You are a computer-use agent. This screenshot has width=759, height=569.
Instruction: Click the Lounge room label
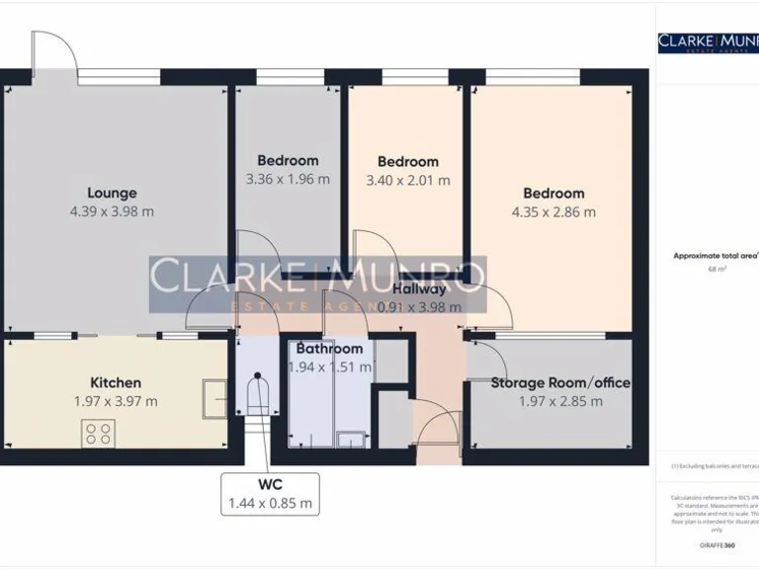point(112,193)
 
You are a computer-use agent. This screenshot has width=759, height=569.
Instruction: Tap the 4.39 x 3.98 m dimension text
point(112,211)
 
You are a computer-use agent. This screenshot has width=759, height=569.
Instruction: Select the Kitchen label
point(116,382)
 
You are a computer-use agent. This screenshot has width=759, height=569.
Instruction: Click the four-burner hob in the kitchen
point(99,432)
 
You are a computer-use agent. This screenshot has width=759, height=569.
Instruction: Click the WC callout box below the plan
point(270,493)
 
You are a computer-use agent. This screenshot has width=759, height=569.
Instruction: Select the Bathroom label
point(329,349)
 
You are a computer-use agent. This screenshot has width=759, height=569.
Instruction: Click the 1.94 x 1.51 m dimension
point(329,366)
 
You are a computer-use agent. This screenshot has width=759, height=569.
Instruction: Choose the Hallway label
point(420,289)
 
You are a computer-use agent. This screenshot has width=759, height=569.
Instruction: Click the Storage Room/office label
point(560,382)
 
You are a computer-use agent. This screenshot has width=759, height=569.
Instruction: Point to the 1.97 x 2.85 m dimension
point(560,401)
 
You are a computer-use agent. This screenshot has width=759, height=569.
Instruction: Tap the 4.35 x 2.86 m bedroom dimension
point(553,211)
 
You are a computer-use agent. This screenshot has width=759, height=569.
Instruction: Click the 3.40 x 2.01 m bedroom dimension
point(408,180)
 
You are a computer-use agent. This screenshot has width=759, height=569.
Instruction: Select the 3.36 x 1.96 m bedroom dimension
point(288,179)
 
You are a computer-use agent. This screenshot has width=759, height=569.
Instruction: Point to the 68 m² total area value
point(717,269)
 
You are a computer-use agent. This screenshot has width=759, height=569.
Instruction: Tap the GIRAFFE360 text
point(717,545)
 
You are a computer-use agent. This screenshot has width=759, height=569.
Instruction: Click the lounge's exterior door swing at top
point(55,50)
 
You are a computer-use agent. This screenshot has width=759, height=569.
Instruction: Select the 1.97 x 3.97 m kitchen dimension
point(116,401)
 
